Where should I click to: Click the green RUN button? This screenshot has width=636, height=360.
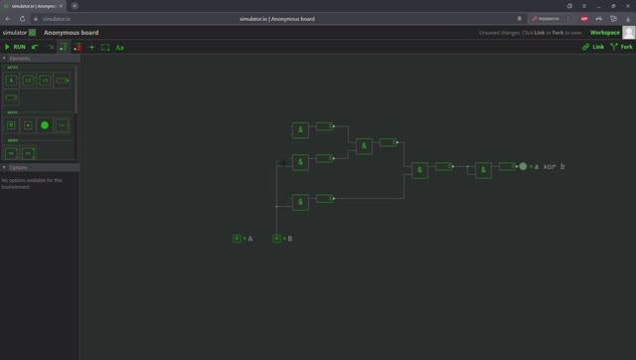(x=15, y=47)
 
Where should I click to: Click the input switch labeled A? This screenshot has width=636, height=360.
(x=238, y=239)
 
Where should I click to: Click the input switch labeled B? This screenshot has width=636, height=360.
(x=277, y=239)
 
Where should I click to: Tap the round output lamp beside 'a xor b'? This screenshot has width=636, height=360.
(x=523, y=167)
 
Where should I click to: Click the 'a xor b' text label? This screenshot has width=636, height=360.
(x=550, y=167)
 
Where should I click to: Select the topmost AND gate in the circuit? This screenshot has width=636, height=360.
(x=300, y=130)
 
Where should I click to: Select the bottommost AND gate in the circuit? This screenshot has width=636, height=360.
(x=300, y=202)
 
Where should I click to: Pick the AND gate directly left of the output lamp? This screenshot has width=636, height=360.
(x=483, y=170)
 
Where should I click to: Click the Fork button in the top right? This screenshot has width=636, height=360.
(x=622, y=47)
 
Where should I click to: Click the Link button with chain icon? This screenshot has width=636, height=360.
(x=593, y=47)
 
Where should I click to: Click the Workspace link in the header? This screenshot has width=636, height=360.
(x=604, y=32)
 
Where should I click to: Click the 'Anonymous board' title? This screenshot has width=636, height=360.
(x=71, y=33)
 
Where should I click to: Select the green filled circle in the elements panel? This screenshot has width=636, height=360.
(x=45, y=125)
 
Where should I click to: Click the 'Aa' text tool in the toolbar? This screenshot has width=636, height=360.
(x=119, y=47)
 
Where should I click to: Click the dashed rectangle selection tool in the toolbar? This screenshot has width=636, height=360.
(x=105, y=47)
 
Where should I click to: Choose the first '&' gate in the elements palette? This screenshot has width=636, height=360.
(x=12, y=81)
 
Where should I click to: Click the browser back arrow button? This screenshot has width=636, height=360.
(x=8, y=19)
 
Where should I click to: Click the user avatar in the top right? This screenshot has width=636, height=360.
(x=628, y=33)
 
